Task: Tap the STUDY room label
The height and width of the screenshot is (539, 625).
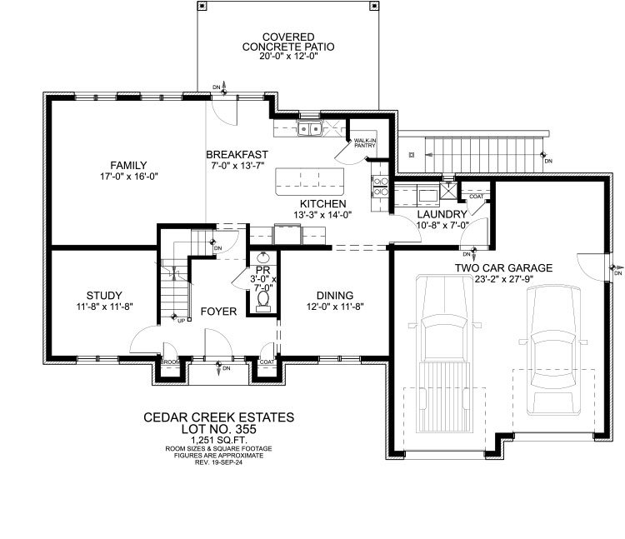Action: click(104, 295)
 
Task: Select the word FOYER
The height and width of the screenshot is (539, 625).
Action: click(219, 312)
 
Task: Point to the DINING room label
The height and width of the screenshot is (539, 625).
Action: click(334, 295)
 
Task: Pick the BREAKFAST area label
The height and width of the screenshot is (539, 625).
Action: click(237, 154)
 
